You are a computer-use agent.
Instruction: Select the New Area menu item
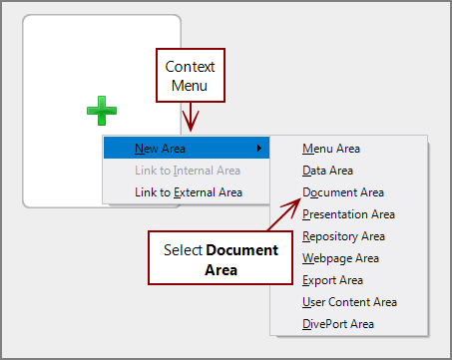[160, 149]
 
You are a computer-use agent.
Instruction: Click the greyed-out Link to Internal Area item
[187, 171]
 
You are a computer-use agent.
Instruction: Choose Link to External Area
[188, 192]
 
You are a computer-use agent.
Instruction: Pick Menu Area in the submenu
[332, 149]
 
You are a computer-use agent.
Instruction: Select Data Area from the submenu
[327, 171]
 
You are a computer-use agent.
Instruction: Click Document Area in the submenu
[343, 192]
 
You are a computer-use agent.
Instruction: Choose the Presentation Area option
[348, 214]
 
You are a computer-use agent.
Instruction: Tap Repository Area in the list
[343, 236]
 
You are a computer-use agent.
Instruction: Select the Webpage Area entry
[339, 258]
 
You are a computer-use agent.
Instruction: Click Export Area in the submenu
[332, 280]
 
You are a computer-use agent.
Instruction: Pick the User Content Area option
[349, 302]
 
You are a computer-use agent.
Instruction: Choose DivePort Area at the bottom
[338, 324]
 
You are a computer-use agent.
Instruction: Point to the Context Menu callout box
[189, 76]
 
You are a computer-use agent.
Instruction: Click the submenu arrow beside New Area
[259, 149]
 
